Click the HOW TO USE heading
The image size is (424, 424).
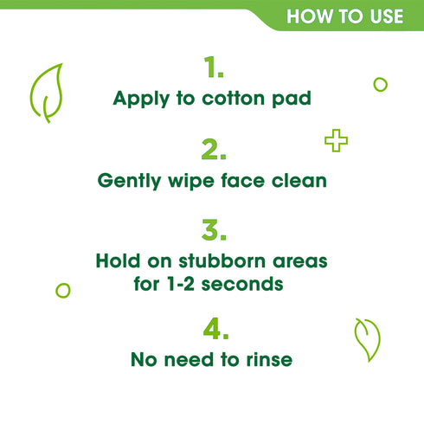tap(344, 16)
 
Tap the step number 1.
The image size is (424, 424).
tap(212, 67)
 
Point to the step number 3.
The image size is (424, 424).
tap(212, 231)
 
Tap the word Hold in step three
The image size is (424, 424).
tap(116, 261)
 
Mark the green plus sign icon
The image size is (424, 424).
tap(336, 140)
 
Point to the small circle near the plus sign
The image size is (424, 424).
tap(379, 84)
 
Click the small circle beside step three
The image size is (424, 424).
tap(62, 291)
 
